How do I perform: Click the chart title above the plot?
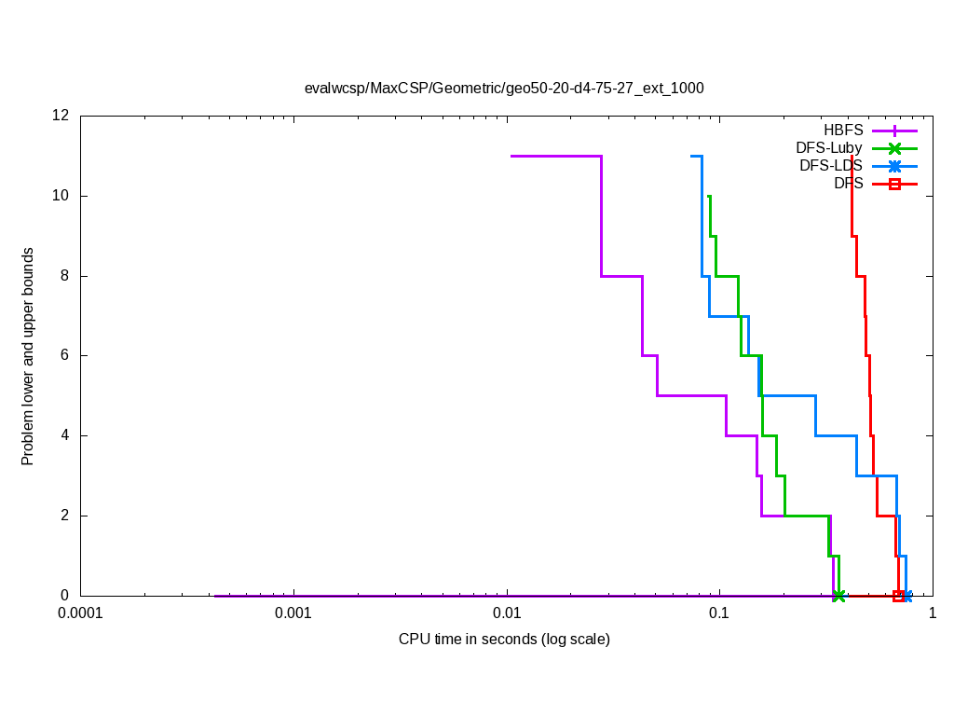click(504, 89)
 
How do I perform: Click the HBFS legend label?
click(843, 130)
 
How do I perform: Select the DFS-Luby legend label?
click(829, 147)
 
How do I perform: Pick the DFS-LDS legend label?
click(831, 166)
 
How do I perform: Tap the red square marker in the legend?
click(894, 185)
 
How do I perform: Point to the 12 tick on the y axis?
click(61, 117)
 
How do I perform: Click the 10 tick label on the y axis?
click(61, 196)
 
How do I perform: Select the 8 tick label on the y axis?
click(65, 276)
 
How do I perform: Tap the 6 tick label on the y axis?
click(65, 356)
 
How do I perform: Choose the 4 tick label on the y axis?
click(65, 435)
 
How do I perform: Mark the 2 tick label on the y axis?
click(65, 516)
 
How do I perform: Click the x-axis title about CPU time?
click(504, 640)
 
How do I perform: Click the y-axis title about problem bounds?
click(28, 356)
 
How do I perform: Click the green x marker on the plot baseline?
click(839, 596)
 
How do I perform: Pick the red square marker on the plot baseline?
click(898, 596)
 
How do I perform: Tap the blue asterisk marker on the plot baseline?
click(907, 596)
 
